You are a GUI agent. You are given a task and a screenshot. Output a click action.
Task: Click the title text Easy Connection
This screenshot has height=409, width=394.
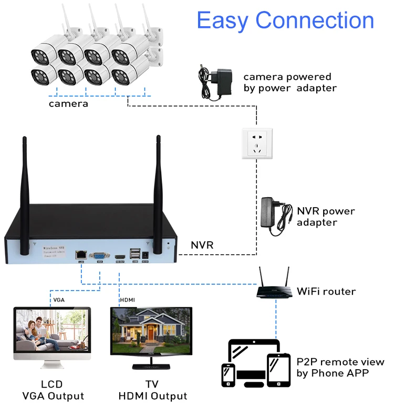pos(285,21)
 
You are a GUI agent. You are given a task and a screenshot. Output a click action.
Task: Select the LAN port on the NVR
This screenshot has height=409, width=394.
pos(81,254)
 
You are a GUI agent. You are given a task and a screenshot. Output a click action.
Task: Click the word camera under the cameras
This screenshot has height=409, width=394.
pos(68,104)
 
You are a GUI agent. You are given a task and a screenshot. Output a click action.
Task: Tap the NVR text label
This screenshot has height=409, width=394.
pos(202,245)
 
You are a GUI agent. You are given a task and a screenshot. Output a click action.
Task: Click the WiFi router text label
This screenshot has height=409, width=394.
pos(326,291)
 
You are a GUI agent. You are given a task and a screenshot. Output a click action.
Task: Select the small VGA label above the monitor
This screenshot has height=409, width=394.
pos(59,300)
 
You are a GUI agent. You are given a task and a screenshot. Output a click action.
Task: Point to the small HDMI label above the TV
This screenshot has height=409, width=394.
pos(127,300)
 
